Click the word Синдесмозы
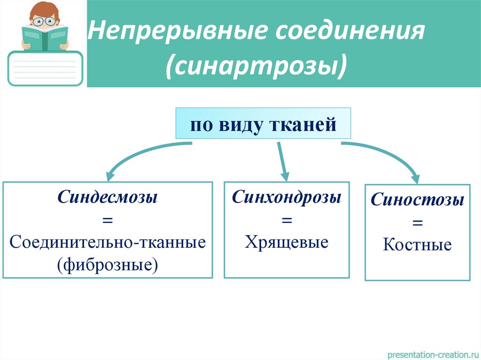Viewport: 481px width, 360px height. coord(107,197)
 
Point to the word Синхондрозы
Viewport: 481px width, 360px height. coord(286,197)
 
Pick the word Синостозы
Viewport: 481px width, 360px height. coord(417,200)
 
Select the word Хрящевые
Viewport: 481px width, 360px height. coord(286,242)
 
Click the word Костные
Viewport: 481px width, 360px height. coord(417,245)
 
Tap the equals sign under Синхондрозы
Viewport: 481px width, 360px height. coord(286,220)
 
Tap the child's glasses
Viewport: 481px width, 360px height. coord(45,21)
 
